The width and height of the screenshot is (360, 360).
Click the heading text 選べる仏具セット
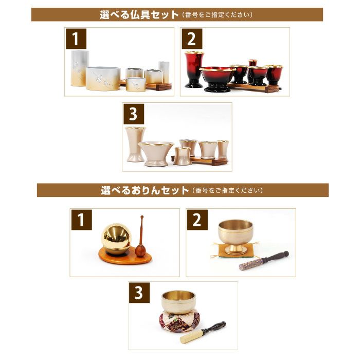(x=139, y=15)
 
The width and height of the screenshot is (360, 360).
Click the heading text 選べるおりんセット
(x=145, y=190)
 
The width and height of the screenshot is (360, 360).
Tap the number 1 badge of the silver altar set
(x=76, y=39)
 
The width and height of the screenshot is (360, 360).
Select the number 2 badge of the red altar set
(x=192, y=39)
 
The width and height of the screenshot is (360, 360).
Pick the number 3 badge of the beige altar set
(x=134, y=114)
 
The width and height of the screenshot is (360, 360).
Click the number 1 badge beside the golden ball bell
(x=81, y=220)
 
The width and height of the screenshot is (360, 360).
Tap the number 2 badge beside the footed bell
(x=197, y=220)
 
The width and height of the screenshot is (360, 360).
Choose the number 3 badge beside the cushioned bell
(x=139, y=293)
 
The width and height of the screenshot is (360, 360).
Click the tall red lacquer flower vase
(x=194, y=69)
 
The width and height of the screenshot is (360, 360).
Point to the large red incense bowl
(x=217, y=79)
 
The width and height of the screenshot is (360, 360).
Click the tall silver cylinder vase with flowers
(x=80, y=68)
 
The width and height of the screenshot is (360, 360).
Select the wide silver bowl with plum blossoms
(x=103, y=79)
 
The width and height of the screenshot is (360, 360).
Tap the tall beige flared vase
(x=135, y=144)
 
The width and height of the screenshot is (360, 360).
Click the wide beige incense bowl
(x=156, y=154)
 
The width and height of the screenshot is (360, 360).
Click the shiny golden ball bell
(x=117, y=239)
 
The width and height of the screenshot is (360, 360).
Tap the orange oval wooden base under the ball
(x=125, y=257)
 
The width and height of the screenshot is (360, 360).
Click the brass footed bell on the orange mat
(x=236, y=237)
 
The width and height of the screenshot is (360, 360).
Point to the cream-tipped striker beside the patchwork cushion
(x=203, y=332)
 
